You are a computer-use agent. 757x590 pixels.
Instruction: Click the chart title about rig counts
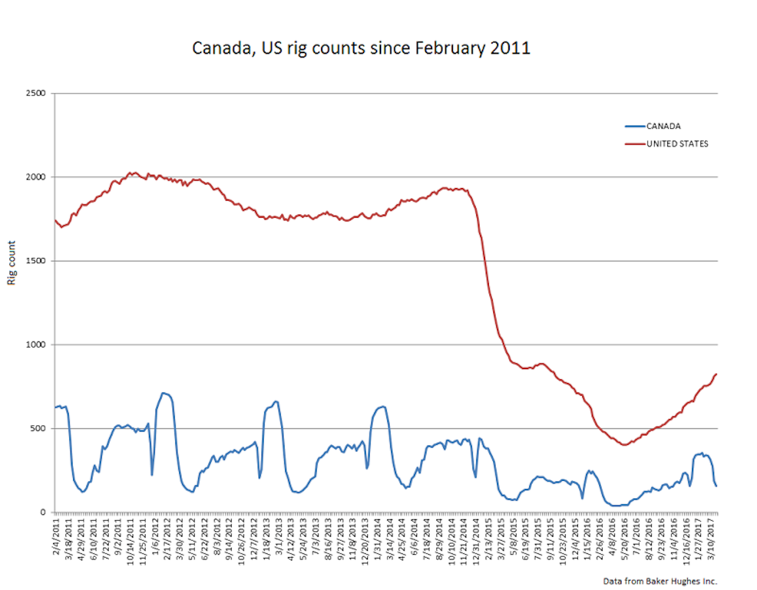pos(361,48)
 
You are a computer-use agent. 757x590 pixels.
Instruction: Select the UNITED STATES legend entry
pos(677,144)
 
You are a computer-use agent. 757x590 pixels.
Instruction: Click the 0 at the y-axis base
pos(44,512)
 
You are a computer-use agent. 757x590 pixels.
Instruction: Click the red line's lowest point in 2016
pos(624,445)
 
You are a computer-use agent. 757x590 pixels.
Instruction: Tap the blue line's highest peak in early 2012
pos(163,393)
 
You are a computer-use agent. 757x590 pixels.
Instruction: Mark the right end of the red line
pos(717,374)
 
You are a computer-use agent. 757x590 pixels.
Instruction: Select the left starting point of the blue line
pos(55,408)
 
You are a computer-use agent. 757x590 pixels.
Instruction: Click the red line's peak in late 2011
pos(131,172)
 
